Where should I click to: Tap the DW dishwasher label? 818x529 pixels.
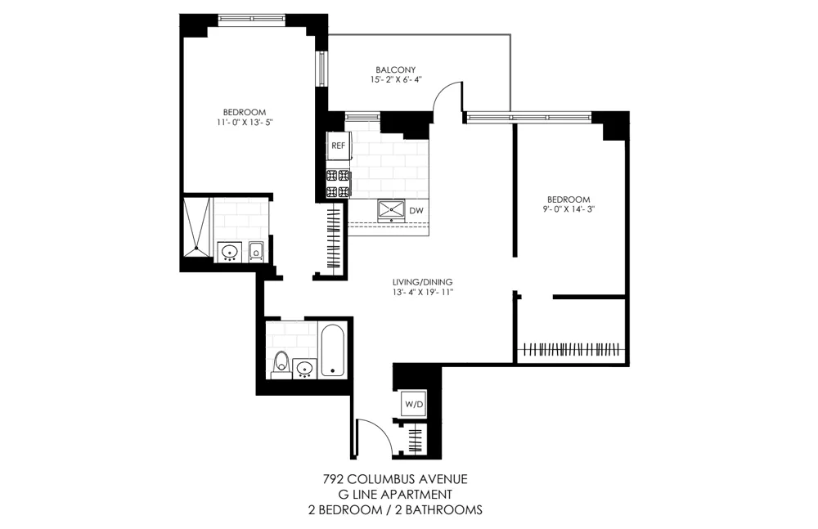pyautogui.click(x=416, y=210)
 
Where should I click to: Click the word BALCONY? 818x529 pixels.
pyautogui.click(x=396, y=69)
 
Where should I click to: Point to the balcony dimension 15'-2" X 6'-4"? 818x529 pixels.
pyautogui.click(x=396, y=81)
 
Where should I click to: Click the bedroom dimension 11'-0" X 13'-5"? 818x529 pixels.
pyautogui.click(x=245, y=123)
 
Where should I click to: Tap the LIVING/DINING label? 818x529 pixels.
pyautogui.click(x=422, y=282)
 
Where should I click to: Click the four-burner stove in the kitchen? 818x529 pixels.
pyautogui.click(x=338, y=183)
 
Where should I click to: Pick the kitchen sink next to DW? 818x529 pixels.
pyautogui.click(x=392, y=210)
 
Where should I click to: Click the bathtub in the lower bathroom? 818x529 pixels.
pyautogui.click(x=332, y=351)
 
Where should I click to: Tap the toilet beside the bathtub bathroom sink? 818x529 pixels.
pyautogui.click(x=281, y=361)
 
